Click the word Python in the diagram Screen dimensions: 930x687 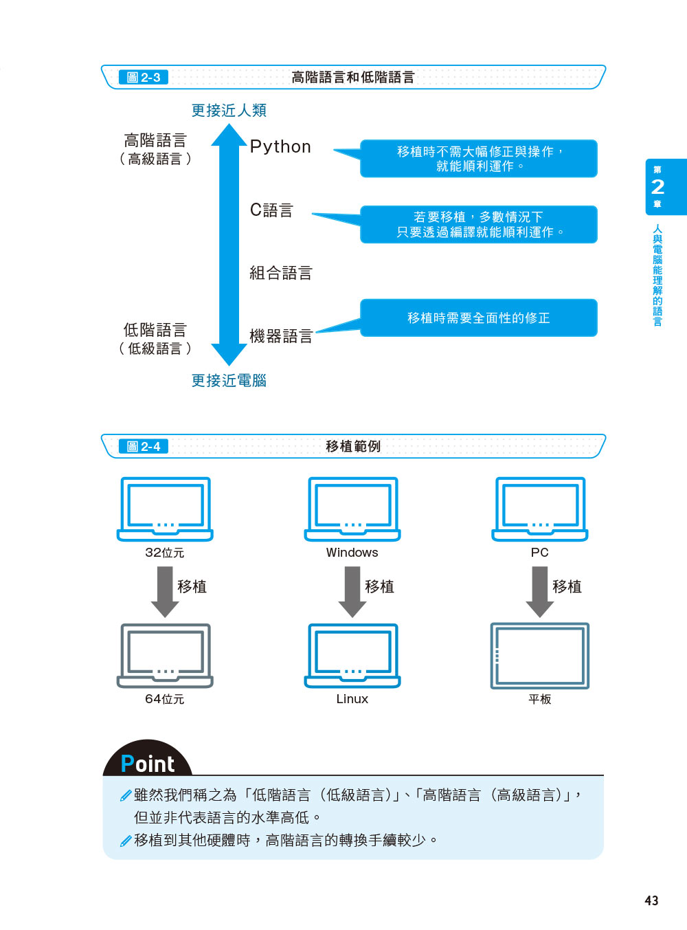tap(280, 147)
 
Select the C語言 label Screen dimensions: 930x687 tap(271, 210)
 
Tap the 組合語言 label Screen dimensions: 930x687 tap(280, 274)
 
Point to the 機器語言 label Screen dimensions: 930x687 tap(280, 336)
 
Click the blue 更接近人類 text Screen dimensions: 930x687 tap(229, 111)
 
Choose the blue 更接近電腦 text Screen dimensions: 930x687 tap(229, 381)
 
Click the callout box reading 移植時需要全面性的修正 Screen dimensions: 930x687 tap(479, 318)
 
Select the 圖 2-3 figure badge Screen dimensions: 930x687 tap(144, 78)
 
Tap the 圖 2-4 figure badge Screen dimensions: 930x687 tap(144, 447)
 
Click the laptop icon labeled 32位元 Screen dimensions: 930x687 tap(165, 509)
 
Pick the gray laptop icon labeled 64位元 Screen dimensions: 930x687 tap(165, 655)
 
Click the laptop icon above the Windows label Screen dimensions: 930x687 tap(352, 509)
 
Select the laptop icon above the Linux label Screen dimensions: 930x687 tap(352, 655)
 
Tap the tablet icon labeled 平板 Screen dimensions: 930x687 tap(540, 656)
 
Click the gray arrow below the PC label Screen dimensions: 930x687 tap(540, 591)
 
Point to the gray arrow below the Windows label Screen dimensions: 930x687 tap(352, 591)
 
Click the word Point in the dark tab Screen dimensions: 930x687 tap(148, 764)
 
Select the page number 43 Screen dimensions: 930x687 tap(651, 900)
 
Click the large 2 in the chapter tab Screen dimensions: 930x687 tap(657, 186)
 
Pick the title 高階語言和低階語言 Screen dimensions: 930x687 tap(353, 78)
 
